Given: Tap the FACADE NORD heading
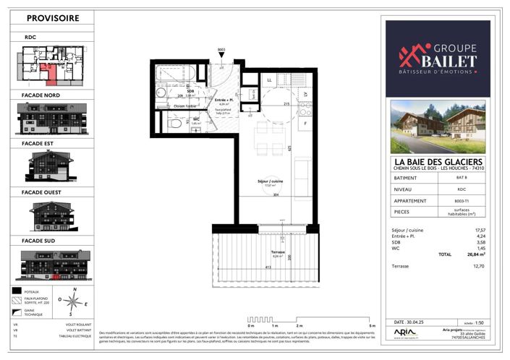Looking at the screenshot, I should (42, 95).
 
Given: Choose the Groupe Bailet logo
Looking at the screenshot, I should (437, 57).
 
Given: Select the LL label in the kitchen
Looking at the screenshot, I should (268, 79).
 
